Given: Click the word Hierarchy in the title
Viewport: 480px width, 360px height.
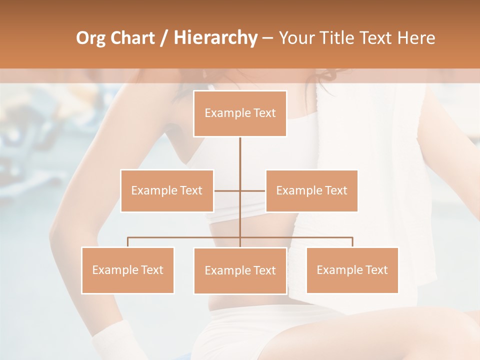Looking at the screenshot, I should (215, 38).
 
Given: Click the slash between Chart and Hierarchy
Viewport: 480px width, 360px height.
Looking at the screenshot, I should (163, 38).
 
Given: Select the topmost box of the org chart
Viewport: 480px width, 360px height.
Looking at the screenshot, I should (240, 113).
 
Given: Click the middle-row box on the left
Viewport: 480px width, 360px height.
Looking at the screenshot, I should (167, 190).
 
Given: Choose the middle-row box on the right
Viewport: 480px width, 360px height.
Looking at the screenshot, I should (311, 190).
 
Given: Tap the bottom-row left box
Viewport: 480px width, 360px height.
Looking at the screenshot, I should (127, 270).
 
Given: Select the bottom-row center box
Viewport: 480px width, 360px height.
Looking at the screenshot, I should (240, 270).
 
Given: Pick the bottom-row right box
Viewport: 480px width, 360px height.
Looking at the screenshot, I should (352, 270).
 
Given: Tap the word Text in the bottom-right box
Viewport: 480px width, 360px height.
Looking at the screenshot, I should (376, 270).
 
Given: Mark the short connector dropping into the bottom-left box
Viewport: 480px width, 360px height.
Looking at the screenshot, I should (127, 242).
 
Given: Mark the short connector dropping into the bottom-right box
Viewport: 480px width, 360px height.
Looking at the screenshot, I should (352, 242).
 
